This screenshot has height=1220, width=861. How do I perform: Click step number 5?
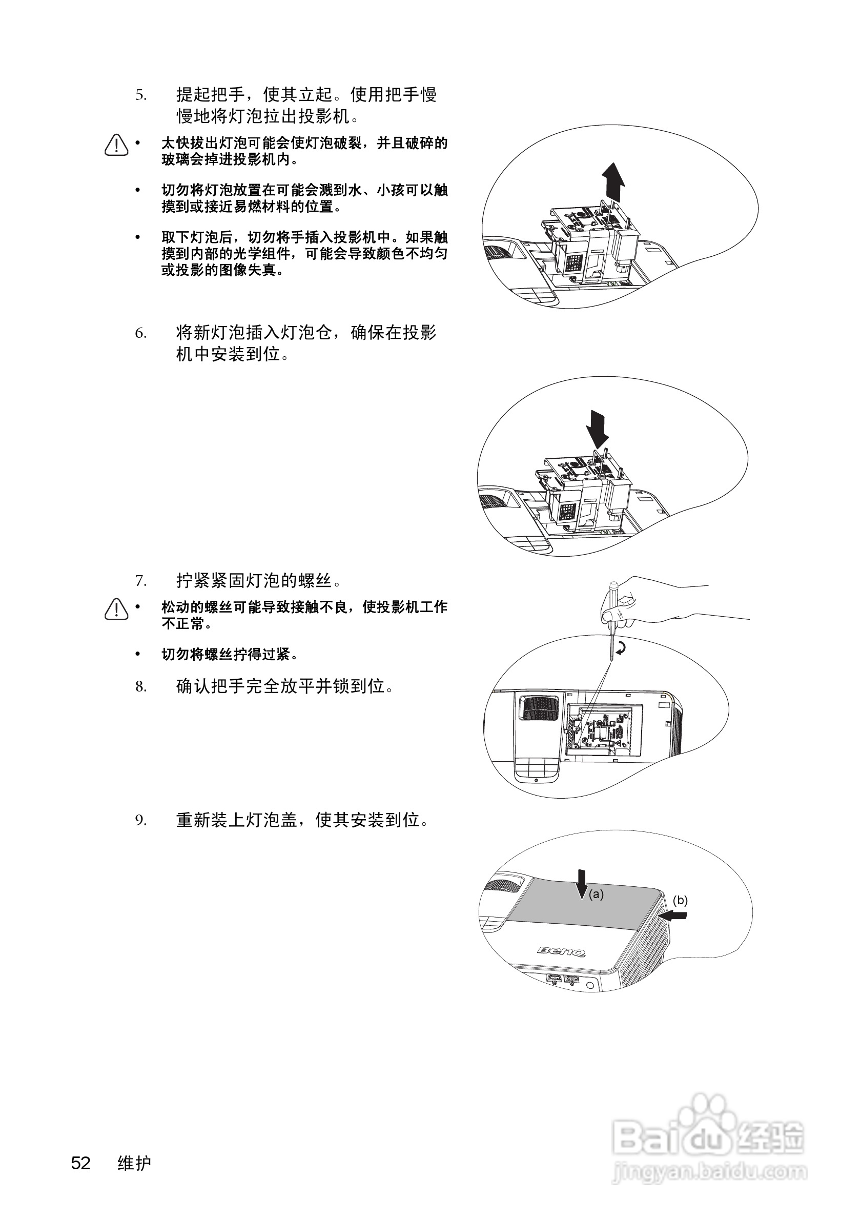[x=140, y=96]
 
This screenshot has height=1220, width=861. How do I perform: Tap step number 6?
[x=140, y=334]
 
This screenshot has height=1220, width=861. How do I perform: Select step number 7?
[x=140, y=581]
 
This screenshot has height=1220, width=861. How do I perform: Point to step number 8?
[x=140, y=687]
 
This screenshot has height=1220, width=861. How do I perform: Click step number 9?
[x=140, y=821]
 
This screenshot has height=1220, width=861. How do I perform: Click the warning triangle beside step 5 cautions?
[x=116, y=145]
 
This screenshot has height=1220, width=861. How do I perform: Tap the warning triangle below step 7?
[x=116, y=609]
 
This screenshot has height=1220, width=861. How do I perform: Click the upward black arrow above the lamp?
[x=613, y=181]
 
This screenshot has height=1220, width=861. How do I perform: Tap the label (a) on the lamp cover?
[x=596, y=895]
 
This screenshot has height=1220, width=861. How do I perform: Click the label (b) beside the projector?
[x=680, y=900]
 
